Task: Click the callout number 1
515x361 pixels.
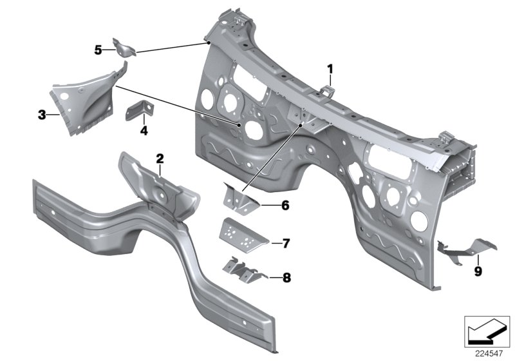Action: (x=330, y=68)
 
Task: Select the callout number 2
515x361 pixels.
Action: (x=160, y=158)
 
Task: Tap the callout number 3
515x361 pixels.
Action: (x=41, y=115)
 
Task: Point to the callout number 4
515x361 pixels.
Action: (x=144, y=130)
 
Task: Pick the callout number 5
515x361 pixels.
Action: (x=98, y=50)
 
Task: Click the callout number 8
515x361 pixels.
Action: (x=286, y=278)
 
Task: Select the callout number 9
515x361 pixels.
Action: (x=477, y=271)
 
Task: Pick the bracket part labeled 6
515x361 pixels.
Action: (x=240, y=197)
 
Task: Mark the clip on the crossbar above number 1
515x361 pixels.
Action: (x=327, y=88)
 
